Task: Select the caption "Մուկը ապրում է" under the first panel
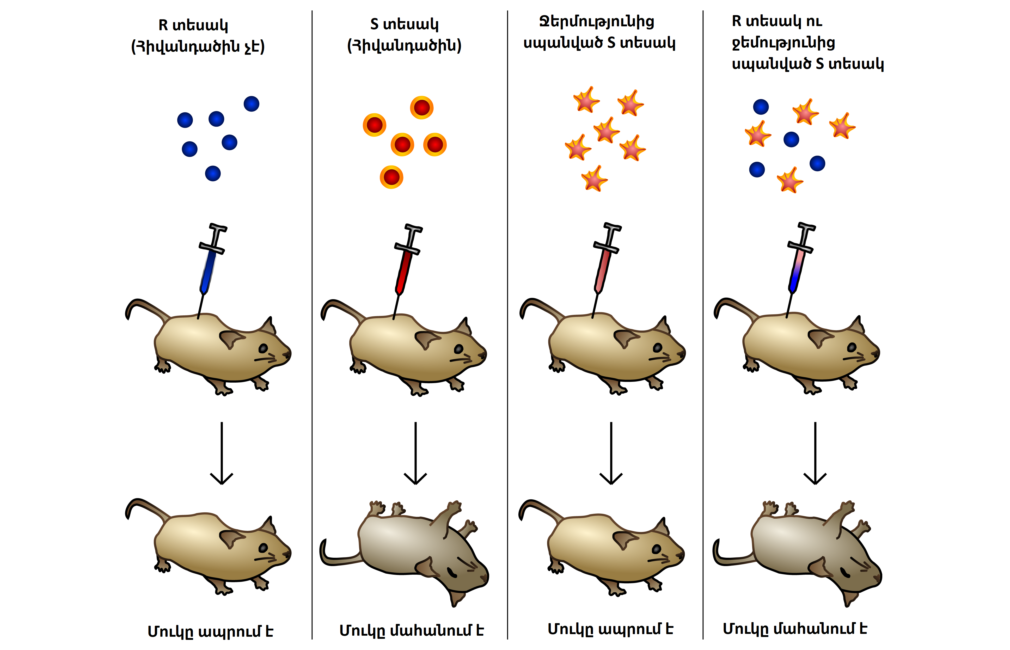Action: point(210,631)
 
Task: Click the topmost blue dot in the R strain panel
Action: point(252,104)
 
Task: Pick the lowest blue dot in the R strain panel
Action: point(213,174)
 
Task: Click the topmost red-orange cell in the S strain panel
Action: point(422,108)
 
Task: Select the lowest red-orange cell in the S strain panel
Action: point(391,177)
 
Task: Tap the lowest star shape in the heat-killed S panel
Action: point(594,179)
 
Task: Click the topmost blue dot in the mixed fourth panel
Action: point(761,107)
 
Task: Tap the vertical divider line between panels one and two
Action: point(312,325)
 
